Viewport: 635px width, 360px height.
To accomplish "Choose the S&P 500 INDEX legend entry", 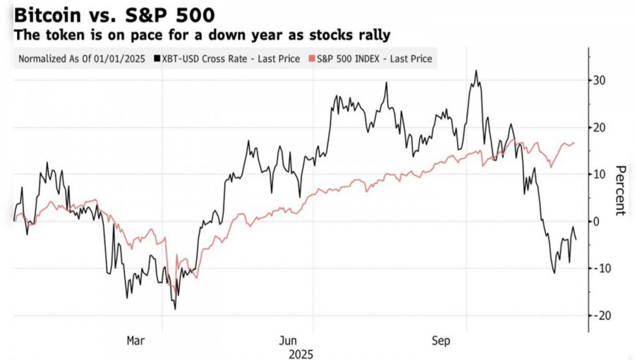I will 374,59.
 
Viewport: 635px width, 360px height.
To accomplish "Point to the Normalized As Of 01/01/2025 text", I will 81,59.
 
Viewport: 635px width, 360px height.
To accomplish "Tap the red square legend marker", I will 311,59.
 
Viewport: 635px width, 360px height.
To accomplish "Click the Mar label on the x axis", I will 136,341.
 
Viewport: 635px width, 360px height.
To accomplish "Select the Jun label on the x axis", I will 289,341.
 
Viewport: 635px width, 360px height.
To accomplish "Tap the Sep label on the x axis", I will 442,341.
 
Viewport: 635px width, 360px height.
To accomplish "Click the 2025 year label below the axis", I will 301,354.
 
